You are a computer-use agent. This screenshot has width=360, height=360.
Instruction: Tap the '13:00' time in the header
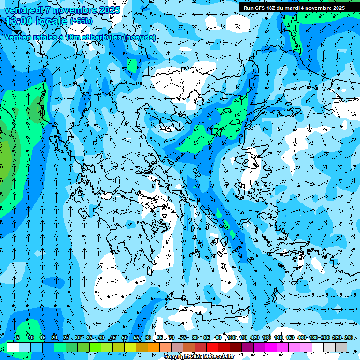(x=19, y=21)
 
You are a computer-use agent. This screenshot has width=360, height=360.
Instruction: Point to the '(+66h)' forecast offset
(x=81, y=21)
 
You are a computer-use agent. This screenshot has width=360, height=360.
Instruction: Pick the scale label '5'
(x=17, y=337)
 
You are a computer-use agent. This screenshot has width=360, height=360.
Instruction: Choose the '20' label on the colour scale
(x=54, y=337)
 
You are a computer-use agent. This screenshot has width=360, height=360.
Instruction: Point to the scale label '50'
(x=125, y=337)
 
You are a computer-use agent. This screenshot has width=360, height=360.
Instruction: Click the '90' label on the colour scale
(x=218, y=337)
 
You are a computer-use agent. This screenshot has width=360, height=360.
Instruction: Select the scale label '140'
(x=278, y=337)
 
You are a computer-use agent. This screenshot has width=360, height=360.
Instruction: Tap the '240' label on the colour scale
(x=348, y=337)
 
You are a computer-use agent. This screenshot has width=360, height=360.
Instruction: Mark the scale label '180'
(x=314, y=337)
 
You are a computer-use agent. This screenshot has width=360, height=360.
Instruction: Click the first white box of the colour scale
(x=13, y=347)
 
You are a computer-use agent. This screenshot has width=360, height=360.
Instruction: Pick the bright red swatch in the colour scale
(x=212, y=347)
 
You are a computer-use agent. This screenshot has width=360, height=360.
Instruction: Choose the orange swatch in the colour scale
(x=154, y=347)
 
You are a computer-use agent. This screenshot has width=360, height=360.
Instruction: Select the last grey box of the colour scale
(x=341, y=347)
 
